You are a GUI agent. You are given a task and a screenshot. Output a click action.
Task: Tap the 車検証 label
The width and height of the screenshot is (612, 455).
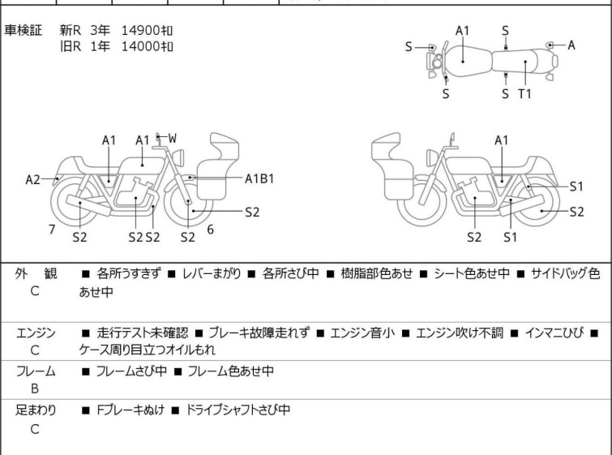click(23, 31)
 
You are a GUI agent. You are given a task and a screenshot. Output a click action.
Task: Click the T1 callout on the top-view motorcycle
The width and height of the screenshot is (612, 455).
click(524, 94)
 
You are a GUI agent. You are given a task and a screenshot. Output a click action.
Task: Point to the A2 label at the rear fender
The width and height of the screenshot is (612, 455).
click(32, 180)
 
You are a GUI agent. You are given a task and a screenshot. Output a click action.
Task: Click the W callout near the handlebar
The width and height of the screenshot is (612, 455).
click(172, 138)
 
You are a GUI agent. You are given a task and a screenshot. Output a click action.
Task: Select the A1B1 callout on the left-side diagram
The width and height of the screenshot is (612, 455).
click(259, 179)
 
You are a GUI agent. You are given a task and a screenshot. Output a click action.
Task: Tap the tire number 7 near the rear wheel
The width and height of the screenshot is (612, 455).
click(52, 230)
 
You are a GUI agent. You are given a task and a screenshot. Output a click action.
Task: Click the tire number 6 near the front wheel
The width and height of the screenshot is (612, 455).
click(211, 230)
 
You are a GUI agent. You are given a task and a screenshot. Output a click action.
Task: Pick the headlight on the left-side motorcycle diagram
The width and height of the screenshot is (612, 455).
click(178, 157)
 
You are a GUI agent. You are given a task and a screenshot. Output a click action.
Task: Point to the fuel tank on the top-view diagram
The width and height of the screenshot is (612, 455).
click(468, 62)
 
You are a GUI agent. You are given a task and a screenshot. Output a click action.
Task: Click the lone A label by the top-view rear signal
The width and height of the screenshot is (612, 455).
click(571, 45)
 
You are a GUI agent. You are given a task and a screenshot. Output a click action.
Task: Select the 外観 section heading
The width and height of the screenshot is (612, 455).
click(36, 273)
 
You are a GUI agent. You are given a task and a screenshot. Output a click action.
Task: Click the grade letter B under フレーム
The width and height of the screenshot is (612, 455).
click(35, 388)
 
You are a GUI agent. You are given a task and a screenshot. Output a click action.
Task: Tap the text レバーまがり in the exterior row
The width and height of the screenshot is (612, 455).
click(212, 273)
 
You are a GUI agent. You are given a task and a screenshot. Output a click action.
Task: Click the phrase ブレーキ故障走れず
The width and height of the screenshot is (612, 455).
click(259, 333)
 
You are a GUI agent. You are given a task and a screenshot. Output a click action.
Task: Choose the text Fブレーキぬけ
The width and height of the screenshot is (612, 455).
click(131, 410)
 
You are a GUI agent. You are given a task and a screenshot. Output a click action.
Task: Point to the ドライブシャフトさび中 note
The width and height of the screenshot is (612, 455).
click(238, 410)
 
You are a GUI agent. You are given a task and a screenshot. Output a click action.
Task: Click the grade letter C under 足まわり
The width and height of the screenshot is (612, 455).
click(35, 429)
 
